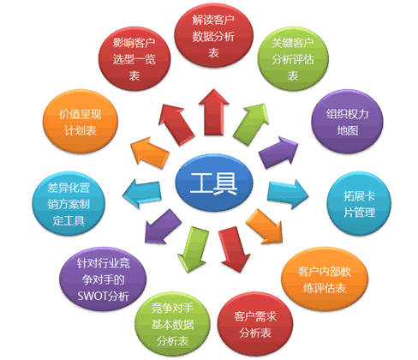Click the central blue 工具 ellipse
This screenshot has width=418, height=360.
214,183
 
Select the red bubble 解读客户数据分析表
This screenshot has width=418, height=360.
213,36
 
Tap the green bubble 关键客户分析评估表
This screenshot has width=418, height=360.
293,59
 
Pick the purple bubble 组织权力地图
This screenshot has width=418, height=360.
347,122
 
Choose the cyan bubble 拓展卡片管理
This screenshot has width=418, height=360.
359,204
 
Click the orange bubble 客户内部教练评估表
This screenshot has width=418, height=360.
325,279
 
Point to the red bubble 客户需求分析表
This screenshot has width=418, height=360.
255,324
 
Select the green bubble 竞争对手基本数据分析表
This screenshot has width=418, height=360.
172,324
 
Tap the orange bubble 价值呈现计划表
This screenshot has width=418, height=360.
81,122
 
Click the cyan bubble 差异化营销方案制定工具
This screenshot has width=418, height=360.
69,204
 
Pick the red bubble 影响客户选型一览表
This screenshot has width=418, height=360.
134,59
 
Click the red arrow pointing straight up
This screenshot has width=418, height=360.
213,112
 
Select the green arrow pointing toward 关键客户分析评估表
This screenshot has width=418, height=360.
251,124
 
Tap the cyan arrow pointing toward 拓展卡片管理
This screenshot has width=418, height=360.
288,194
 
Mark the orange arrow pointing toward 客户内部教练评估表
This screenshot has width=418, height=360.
265,226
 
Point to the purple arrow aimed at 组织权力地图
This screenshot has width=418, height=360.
278,153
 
